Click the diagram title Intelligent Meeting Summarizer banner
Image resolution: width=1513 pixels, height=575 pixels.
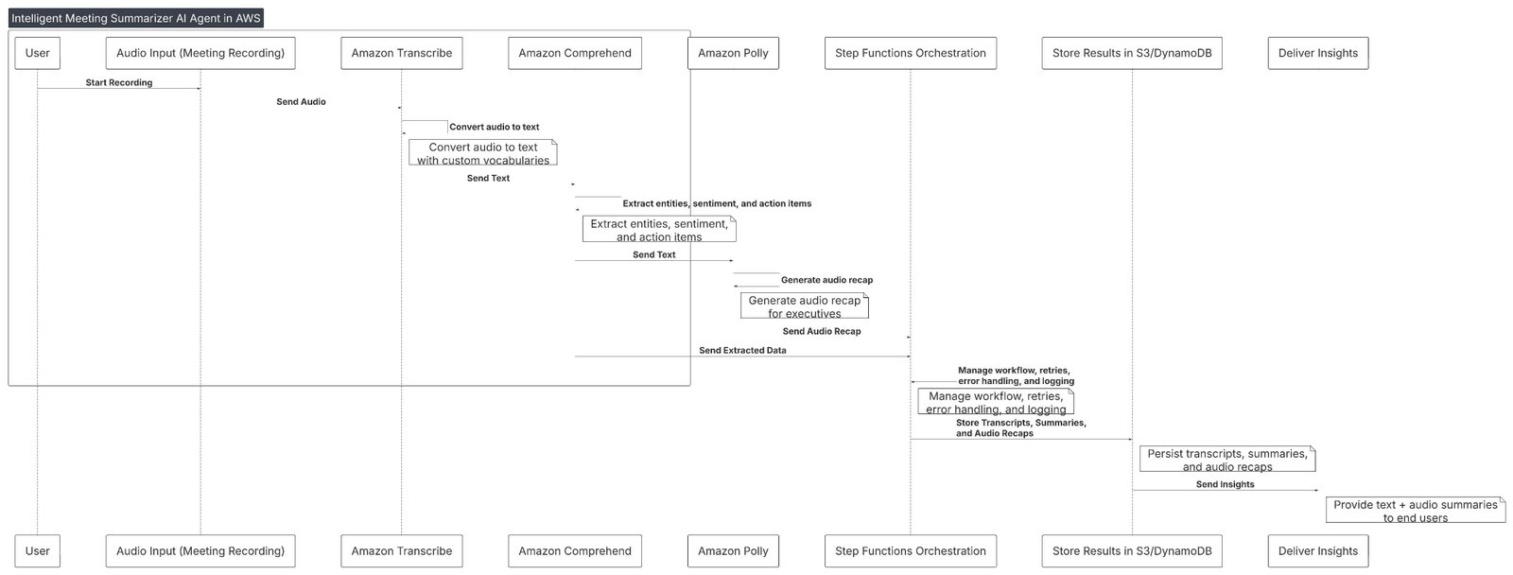135,18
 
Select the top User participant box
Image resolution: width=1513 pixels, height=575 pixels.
38,53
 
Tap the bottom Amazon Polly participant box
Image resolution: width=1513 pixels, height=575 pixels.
733,550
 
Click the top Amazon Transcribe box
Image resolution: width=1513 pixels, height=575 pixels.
401,53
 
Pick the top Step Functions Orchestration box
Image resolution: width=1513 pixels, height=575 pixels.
910,53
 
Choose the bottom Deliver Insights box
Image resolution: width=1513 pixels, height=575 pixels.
1317,550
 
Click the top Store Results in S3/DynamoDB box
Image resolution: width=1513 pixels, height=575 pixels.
1132,53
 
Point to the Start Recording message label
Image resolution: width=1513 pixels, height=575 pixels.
119,83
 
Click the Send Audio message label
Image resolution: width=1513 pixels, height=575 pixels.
301,102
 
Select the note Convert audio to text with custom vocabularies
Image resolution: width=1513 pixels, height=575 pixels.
482,153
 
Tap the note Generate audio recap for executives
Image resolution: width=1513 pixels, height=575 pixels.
804,306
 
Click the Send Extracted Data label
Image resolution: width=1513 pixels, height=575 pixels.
742,351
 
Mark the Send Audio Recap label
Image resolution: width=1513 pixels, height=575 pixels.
821,332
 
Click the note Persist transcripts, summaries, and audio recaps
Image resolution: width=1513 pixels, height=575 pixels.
1226,460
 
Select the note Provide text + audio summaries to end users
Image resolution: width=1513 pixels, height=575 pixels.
1415,511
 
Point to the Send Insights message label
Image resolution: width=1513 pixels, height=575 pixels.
1225,484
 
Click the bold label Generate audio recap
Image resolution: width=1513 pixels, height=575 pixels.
826,281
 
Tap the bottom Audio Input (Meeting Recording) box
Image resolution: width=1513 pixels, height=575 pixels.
200,550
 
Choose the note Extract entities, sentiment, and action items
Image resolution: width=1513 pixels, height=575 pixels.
659,230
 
